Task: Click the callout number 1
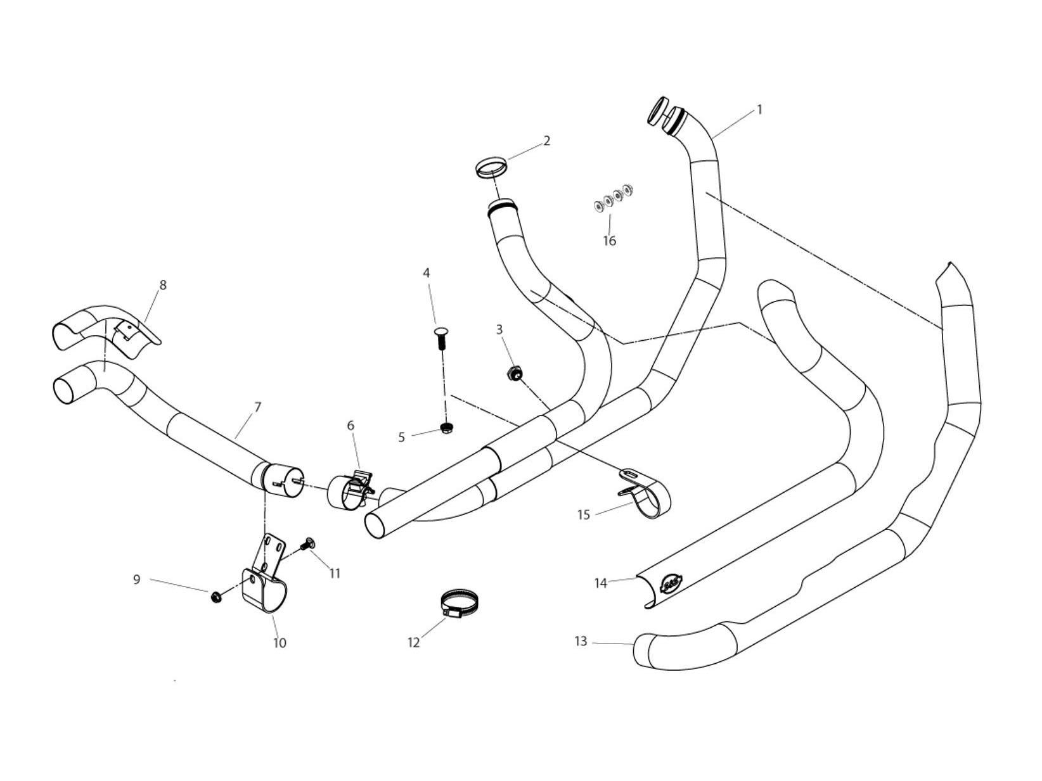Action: pos(759,110)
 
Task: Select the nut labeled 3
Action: pos(514,373)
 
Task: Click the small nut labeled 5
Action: pos(446,429)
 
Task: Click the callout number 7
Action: pos(257,407)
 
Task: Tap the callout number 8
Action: pos(163,285)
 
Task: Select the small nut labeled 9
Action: pos(215,596)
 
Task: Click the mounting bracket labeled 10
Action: pos(264,586)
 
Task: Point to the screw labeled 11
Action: pos(309,543)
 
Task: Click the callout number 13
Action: pos(581,642)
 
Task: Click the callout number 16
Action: pos(609,241)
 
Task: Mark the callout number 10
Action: pos(280,643)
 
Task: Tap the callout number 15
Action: pos(584,515)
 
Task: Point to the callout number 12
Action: pos(413,643)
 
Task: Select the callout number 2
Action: pos(547,141)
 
